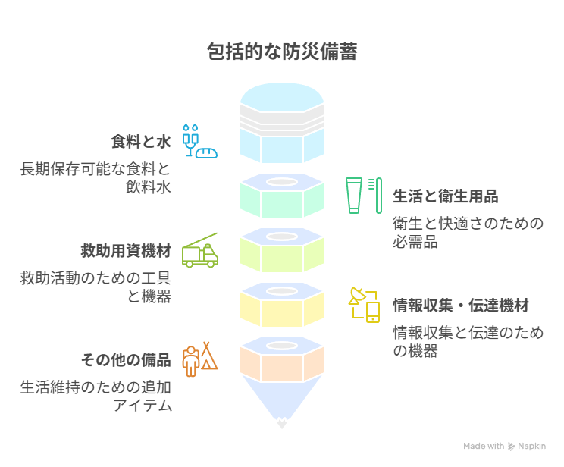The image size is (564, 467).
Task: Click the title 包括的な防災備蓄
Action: coord(282,52)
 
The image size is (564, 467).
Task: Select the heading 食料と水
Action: coord(141,142)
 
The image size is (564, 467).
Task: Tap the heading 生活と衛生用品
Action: coord(445,196)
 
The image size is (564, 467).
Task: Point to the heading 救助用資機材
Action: coord(126,251)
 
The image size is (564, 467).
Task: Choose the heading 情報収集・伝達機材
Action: coord(461,306)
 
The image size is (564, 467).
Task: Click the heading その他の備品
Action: coord(126,360)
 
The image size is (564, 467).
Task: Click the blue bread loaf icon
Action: coord(207,153)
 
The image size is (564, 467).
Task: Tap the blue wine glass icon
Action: coord(190,141)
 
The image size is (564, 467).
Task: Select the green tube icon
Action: coord(354,196)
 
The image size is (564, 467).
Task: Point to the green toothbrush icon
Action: coord(378,196)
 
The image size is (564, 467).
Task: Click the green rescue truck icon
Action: coord(200,251)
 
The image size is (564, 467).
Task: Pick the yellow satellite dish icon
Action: coord(358,296)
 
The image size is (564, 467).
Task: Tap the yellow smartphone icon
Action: coord(373,312)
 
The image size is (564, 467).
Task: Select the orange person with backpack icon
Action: coord(191,361)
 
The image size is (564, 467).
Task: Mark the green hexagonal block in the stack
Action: coord(282,196)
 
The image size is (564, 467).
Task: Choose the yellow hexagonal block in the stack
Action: coord(282,305)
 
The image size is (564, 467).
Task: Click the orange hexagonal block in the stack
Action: coord(282,359)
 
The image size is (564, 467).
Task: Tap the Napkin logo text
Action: coord(531,446)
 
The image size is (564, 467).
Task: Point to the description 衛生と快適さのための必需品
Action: coord(468,233)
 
